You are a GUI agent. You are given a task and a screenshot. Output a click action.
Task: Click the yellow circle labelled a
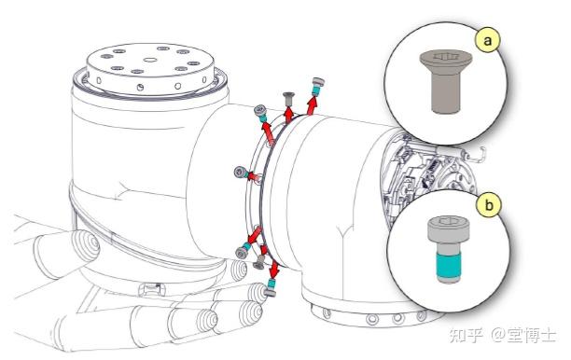pos(488,40)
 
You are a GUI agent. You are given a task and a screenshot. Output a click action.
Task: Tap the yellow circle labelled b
pos(489,205)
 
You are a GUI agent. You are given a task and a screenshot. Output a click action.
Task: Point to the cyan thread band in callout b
pos(449,266)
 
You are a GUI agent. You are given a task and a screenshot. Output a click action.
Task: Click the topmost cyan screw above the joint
pos(317,87)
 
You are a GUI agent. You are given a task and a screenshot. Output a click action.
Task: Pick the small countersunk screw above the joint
pos(288,100)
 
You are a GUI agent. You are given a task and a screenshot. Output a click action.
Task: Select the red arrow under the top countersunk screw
pos(288,115)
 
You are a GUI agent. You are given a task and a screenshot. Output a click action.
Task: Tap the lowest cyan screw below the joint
pos(271,287)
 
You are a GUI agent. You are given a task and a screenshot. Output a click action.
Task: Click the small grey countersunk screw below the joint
pos(259,262)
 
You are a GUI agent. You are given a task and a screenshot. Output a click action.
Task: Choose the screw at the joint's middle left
pos(243,173)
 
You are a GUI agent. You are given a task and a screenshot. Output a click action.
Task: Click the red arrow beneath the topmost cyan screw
pos(312,105)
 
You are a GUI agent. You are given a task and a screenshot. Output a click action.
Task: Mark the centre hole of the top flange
pos(149,60)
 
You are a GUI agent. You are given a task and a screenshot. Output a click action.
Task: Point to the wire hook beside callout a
pos(477,155)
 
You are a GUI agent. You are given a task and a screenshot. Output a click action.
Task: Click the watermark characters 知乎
pos(467,335)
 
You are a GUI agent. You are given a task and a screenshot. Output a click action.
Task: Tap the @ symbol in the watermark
pos(498,335)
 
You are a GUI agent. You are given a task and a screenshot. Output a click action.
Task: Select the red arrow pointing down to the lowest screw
pos(274,269)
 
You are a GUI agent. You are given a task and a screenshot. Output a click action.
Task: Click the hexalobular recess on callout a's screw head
pos(445,56)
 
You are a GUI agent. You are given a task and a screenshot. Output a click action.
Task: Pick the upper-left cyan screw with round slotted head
pos(261,114)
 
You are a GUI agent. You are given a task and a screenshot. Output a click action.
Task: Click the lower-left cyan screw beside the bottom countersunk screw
pos(243,251)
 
